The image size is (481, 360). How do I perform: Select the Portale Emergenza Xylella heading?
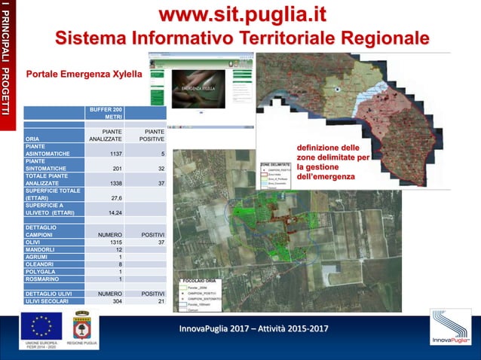84,75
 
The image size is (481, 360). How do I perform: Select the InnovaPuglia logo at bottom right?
450,328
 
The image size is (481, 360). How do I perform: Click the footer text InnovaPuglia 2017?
253,329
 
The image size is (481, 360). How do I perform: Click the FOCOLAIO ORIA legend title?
197,280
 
